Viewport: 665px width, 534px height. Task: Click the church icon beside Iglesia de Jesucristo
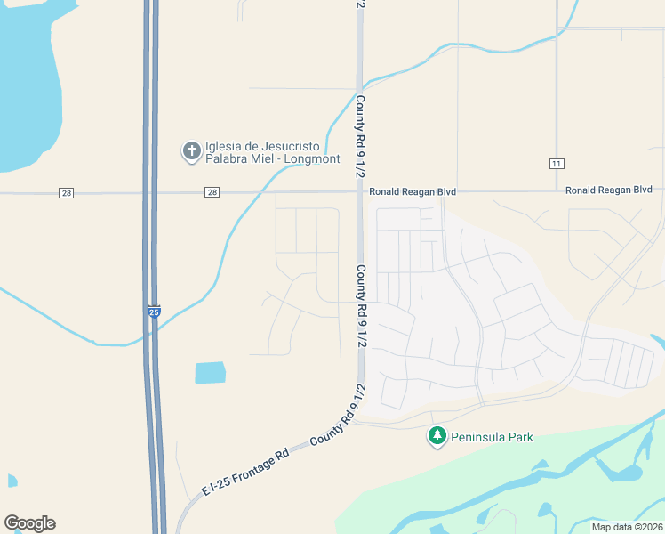pyautogui.click(x=191, y=151)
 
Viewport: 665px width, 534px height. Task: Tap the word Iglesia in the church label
pyautogui.click(x=224, y=147)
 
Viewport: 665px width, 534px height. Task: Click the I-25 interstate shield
pyautogui.click(x=154, y=312)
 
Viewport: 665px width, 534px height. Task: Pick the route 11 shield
pyautogui.click(x=557, y=163)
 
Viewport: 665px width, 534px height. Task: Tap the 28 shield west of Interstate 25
pyautogui.click(x=66, y=192)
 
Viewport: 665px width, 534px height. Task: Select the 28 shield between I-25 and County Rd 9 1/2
pyautogui.click(x=211, y=192)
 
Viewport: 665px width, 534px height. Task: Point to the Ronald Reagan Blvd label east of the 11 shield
pyautogui.click(x=609, y=190)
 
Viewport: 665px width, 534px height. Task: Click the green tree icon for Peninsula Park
pyautogui.click(x=437, y=436)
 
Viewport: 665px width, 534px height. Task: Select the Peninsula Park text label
pyautogui.click(x=492, y=437)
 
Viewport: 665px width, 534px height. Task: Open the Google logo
pyautogui.click(x=29, y=523)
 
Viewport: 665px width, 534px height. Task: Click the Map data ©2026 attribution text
pyautogui.click(x=628, y=527)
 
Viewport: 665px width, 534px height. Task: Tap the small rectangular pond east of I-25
pyautogui.click(x=210, y=372)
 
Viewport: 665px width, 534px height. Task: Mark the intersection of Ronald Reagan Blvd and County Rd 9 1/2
pyautogui.click(x=360, y=191)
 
